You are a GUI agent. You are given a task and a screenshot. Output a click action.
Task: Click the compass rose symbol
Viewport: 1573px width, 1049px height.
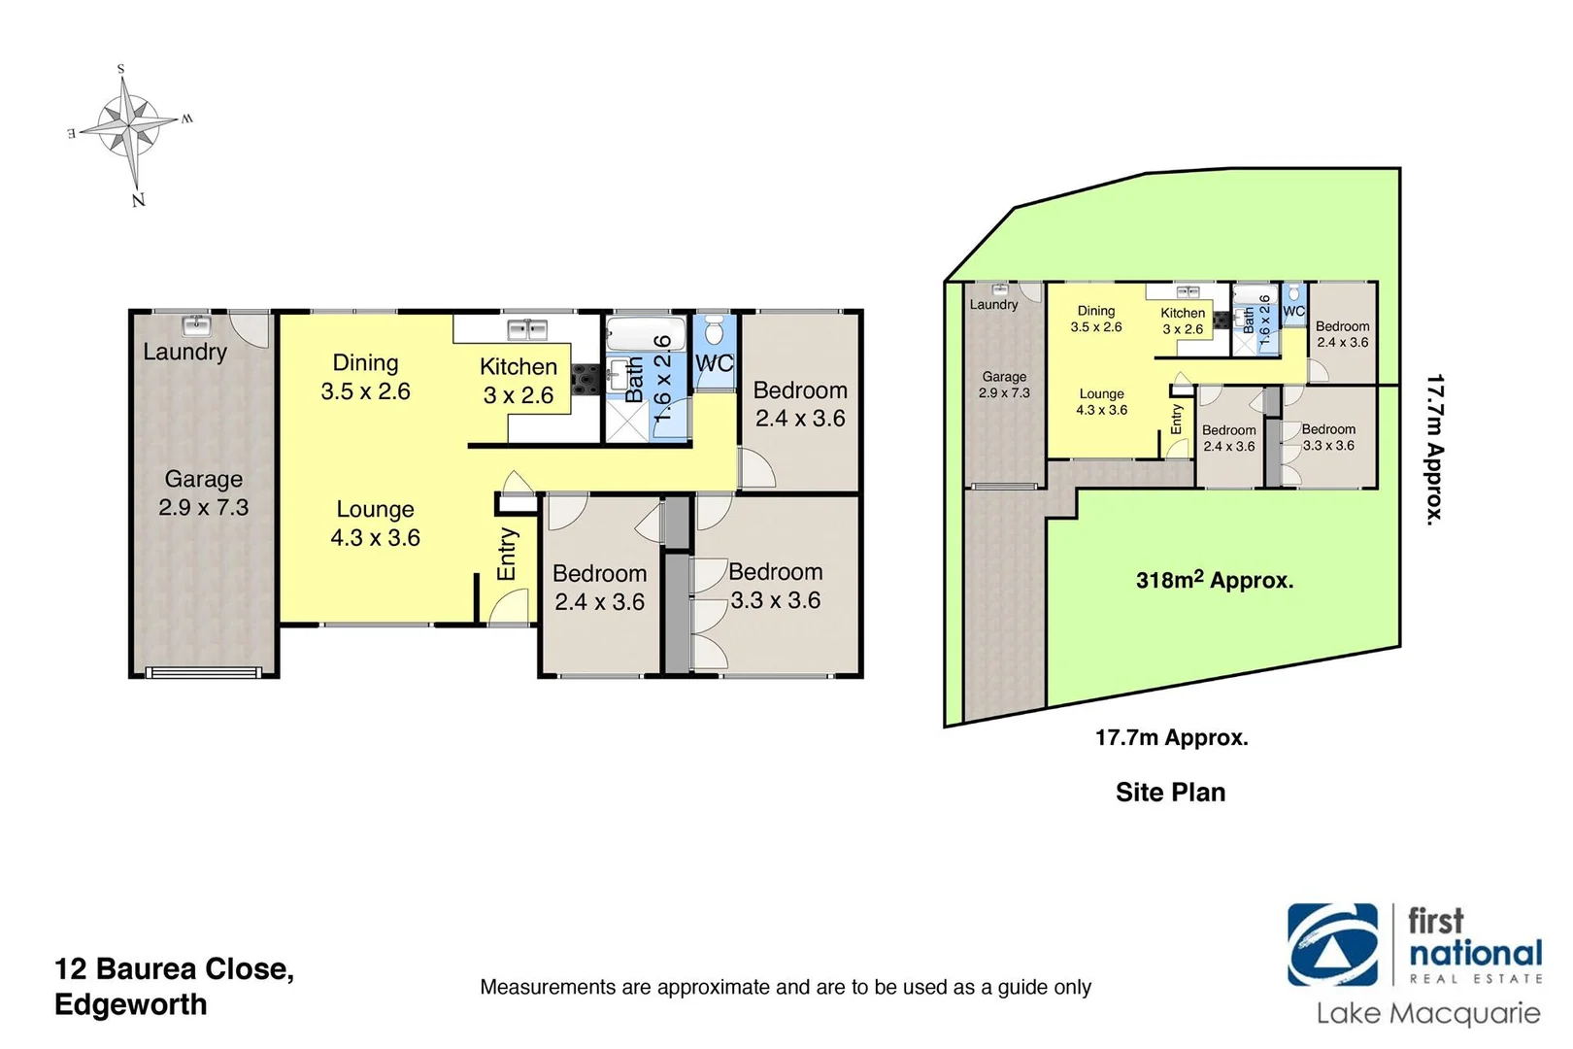coord(129,126)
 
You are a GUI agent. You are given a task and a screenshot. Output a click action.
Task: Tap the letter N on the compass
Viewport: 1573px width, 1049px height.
coord(138,200)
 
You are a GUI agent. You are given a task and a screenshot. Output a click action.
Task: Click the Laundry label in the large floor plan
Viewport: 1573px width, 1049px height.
coord(184,352)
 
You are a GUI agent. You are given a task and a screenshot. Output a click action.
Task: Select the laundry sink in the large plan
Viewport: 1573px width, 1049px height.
coord(196,324)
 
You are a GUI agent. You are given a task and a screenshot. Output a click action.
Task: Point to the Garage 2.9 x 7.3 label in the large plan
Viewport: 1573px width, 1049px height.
coord(204,492)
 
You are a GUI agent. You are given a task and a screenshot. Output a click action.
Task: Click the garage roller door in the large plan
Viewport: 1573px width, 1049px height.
coord(203,670)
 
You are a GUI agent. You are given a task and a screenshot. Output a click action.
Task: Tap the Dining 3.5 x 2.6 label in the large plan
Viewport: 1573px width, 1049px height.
coord(365,377)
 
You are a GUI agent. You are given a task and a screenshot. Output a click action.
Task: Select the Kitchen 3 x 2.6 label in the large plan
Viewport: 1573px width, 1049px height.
coord(519,381)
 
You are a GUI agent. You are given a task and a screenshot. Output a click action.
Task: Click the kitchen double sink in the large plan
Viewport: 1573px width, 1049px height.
coord(527,329)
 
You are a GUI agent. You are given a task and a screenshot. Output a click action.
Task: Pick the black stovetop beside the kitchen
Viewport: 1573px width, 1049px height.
coord(586,378)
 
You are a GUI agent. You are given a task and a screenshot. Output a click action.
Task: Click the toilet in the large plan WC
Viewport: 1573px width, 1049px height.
coord(714,331)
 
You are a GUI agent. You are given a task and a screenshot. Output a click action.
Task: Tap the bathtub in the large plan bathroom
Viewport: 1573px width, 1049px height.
coord(645,335)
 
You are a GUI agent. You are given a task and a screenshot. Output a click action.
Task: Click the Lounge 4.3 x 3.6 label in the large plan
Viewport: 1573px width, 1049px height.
coord(375,523)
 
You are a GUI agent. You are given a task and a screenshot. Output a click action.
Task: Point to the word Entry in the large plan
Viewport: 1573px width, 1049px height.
coord(507,554)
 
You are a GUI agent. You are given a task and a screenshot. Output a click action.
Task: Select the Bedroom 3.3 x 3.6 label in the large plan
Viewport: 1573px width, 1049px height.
coord(775,586)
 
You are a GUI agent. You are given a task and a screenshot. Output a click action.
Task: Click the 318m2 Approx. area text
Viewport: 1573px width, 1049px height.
coord(1214,581)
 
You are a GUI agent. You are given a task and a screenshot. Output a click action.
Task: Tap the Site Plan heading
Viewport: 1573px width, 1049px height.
coord(1170,793)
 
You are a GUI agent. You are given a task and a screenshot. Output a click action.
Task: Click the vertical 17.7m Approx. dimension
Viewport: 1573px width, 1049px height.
coord(1435,450)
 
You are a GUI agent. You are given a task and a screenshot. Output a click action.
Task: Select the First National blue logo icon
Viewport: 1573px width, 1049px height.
coord(1332,945)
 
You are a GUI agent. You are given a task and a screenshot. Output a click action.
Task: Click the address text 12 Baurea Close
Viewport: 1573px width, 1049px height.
coord(175,968)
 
